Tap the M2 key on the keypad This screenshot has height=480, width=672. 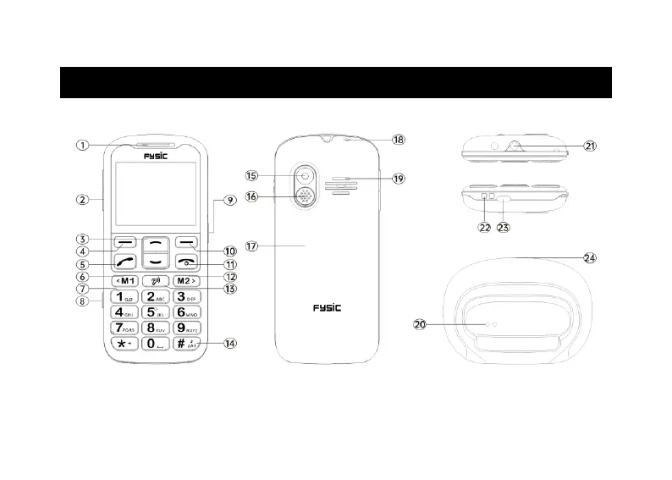(x=188, y=280)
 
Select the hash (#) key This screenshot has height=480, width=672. (x=188, y=344)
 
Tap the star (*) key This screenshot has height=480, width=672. (x=125, y=344)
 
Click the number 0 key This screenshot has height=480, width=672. (x=157, y=344)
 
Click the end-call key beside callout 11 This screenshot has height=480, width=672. (x=187, y=262)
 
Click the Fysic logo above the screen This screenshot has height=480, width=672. (x=156, y=156)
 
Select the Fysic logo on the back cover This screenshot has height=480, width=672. (x=325, y=307)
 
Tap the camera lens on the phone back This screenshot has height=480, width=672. (x=305, y=177)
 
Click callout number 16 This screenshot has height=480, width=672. (x=251, y=196)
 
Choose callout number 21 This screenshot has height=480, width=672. (x=591, y=146)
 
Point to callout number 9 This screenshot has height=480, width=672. (x=229, y=201)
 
